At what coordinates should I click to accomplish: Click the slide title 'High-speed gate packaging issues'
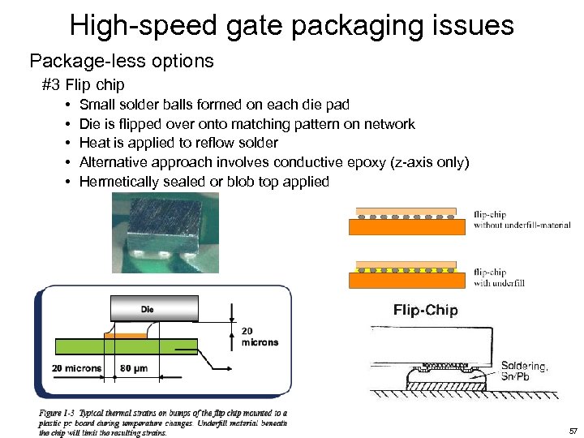[292, 25]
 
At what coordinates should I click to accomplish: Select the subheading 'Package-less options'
[122, 61]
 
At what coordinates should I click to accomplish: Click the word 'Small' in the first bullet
[97, 105]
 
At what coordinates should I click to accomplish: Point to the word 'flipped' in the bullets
[139, 124]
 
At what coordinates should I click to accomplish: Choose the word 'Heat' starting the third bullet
[94, 143]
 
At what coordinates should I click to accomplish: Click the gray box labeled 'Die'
[154, 309]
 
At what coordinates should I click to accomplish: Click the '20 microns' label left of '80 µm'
[76, 368]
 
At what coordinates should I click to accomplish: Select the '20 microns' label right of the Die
[260, 336]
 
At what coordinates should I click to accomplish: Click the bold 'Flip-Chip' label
[425, 310]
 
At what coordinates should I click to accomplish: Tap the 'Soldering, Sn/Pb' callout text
[524, 371]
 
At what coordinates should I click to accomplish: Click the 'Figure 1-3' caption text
[162, 422]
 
